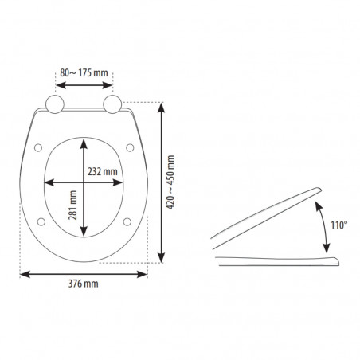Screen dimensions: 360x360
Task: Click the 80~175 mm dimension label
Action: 84,72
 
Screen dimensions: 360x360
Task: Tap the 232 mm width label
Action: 103,171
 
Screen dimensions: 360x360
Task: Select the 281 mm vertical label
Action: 72,205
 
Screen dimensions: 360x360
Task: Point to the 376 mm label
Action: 84,284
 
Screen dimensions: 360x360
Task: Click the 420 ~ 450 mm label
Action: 170,182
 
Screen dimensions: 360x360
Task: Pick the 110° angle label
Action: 339,225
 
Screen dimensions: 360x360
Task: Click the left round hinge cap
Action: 55,104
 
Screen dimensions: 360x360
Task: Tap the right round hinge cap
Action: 112,104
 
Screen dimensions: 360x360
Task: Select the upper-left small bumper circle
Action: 38,147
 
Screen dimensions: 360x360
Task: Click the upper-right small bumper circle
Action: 130,147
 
